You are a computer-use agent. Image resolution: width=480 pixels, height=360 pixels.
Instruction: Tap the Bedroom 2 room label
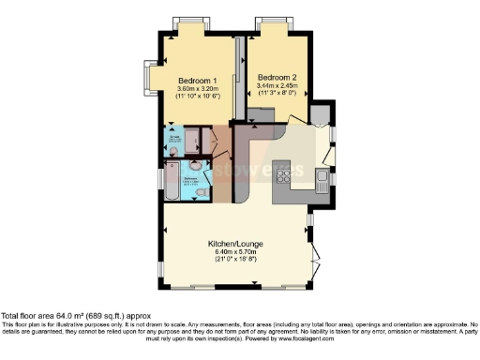coord(277,77)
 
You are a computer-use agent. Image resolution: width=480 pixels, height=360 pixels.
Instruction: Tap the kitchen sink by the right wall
coord(322,177)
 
